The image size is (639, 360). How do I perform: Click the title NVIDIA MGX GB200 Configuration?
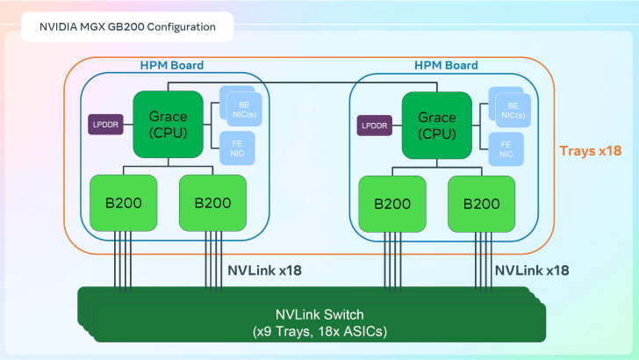tap(127, 26)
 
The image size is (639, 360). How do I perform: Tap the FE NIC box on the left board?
tap(237, 148)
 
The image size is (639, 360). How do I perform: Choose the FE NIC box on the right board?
tap(506, 148)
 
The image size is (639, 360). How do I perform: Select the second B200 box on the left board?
tap(212, 203)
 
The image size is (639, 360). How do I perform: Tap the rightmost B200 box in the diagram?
tap(482, 203)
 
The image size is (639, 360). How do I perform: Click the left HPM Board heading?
tap(172, 65)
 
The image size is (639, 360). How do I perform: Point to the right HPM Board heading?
tap(446, 65)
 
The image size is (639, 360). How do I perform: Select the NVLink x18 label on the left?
tap(264, 270)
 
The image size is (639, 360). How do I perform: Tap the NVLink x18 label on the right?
tap(531, 270)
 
